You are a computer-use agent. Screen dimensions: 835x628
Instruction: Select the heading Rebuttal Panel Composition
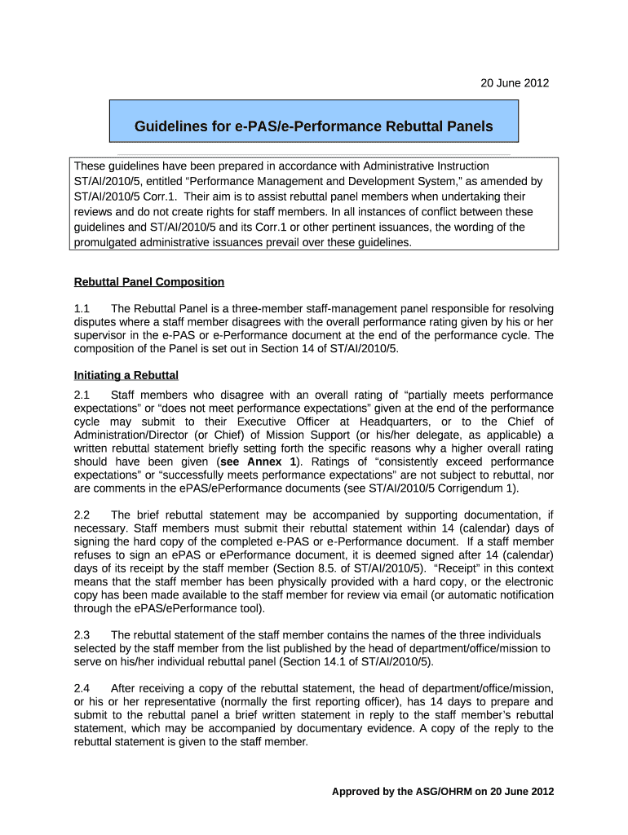click(149, 282)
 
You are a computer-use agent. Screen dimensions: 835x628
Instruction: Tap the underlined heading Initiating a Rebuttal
click(126, 375)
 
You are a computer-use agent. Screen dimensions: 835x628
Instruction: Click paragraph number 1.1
click(83, 308)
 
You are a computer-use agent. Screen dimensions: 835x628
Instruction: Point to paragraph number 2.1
click(83, 395)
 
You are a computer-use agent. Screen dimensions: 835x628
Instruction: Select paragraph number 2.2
click(82, 515)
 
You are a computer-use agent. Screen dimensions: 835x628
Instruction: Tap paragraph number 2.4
click(82, 688)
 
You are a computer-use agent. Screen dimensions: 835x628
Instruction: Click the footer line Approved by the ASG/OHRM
click(442, 792)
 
